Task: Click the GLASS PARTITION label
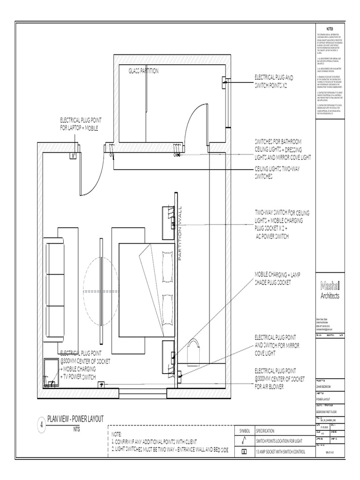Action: pos(143,71)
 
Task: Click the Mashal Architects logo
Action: pos(330,289)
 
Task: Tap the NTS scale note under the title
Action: pos(76,429)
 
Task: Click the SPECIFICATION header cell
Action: pos(272,431)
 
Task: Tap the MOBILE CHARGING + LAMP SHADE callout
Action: pos(279,278)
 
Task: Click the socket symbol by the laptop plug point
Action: pos(73,155)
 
